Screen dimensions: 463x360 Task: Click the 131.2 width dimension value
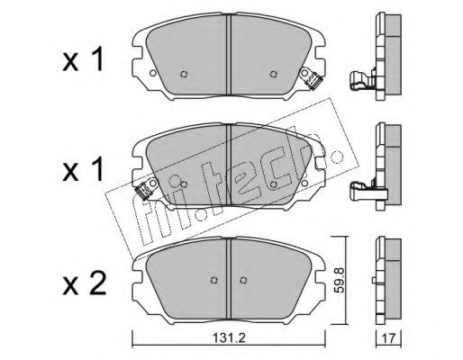coord(229,338)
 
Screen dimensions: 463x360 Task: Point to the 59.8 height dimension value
coord(340,280)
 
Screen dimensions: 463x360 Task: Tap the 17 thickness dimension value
coord(389,338)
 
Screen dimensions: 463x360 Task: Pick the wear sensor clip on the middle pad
coord(142,191)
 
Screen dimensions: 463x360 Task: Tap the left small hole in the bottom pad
coord(214,280)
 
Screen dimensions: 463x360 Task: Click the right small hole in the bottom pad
coord(243,280)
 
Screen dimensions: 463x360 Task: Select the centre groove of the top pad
coord(229,55)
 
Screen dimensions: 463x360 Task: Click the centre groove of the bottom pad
coord(229,280)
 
